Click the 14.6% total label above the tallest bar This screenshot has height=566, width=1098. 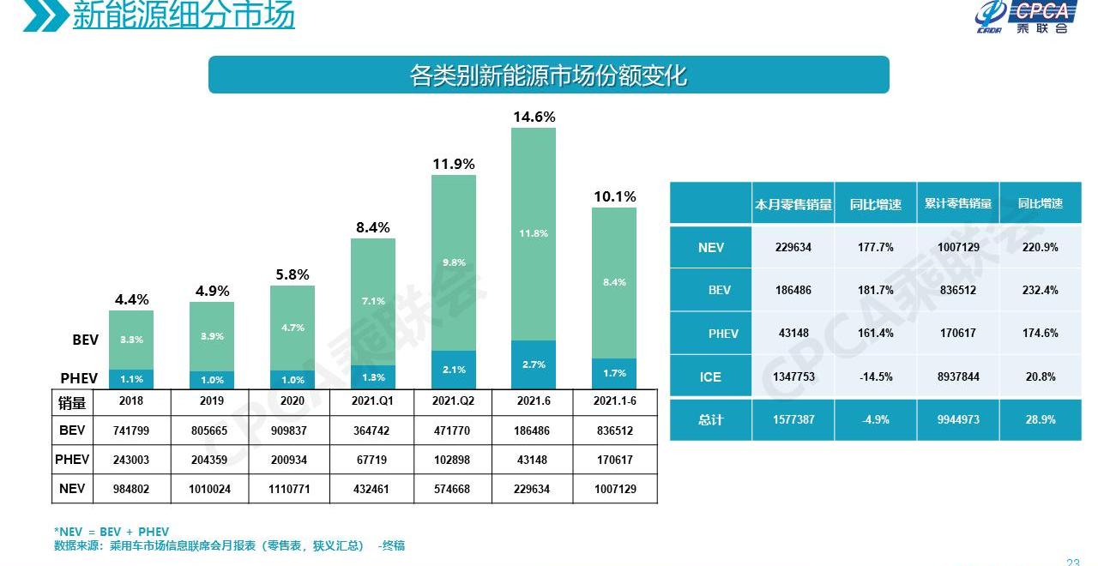point(534,117)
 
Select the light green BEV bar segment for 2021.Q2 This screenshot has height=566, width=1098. point(454,262)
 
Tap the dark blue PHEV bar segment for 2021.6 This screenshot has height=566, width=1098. point(534,364)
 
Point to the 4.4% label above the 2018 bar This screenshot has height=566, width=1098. point(131,299)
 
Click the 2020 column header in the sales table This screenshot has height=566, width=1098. point(293,401)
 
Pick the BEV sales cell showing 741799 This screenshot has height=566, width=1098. point(131,431)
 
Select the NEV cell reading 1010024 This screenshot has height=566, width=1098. point(211,489)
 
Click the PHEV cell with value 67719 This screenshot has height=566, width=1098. point(372,460)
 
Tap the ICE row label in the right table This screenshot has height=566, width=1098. point(710,376)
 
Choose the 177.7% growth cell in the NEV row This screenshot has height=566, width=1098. point(875,247)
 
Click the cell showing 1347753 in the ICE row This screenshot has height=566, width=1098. point(793,376)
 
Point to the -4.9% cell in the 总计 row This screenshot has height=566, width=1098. point(875,420)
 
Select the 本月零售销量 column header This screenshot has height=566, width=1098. point(793,204)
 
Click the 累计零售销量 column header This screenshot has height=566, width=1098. point(957,204)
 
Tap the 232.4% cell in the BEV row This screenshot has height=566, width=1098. point(1040,290)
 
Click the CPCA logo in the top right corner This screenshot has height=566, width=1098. point(1025,17)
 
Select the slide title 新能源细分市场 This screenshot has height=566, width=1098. point(183,15)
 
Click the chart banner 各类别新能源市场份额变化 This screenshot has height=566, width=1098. point(548,75)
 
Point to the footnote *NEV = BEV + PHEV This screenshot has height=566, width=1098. point(112,532)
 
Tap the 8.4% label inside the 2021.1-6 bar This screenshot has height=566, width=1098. point(614,282)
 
